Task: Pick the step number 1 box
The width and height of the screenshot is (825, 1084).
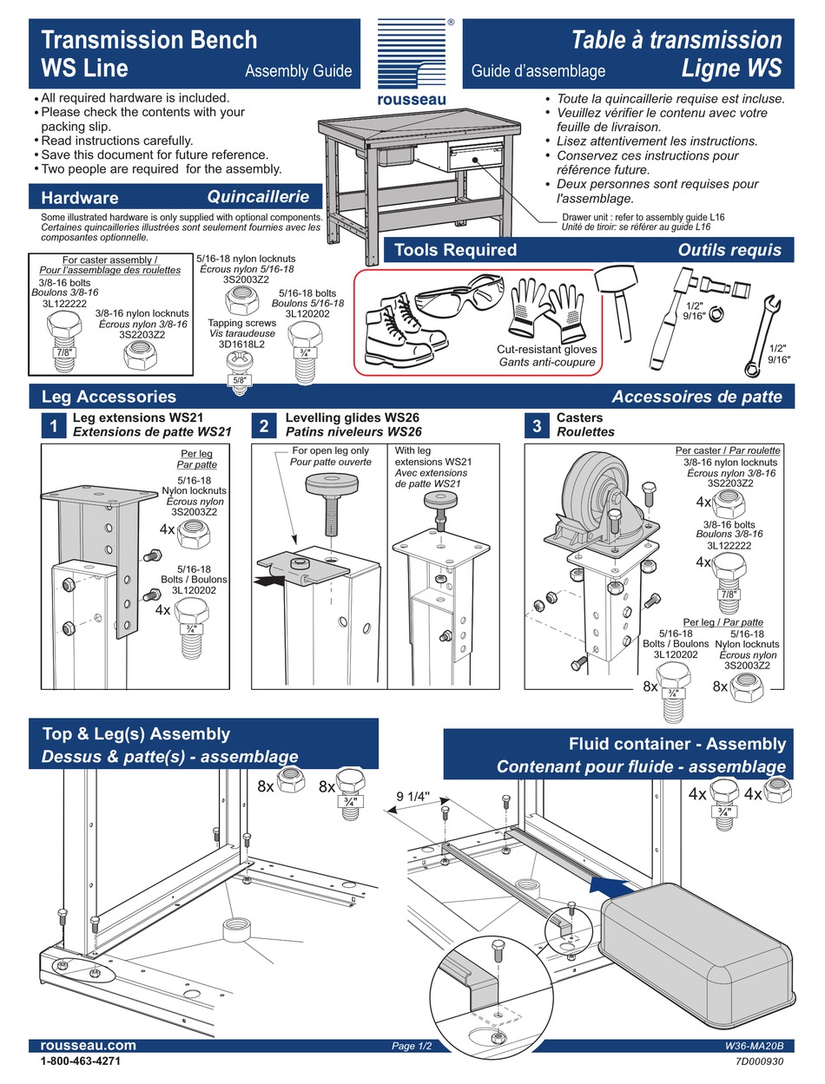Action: click(x=54, y=425)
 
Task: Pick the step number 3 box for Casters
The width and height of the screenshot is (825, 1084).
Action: click(x=537, y=425)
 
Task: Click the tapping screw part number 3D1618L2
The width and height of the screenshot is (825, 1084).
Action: click(x=236, y=344)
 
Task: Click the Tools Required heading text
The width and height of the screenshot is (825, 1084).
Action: click(x=455, y=250)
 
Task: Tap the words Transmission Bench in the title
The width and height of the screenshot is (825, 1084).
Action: click(x=149, y=40)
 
